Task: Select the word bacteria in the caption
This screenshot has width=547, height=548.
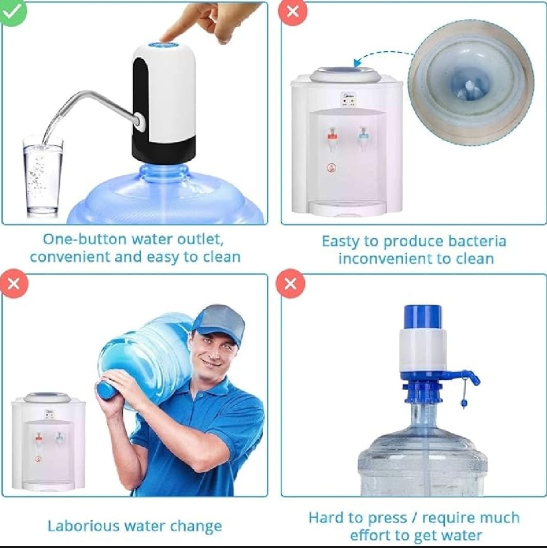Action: pyautogui.click(x=476, y=241)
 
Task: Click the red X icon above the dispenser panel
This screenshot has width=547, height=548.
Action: pyautogui.click(x=293, y=11)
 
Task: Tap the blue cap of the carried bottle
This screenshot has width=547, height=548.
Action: pyautogui.click(x=106, y=389)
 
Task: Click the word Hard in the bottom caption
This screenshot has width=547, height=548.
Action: pyautogui.click(x=325, y=518)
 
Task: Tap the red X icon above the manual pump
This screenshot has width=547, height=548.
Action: pyautogui.click(x=290, y=284)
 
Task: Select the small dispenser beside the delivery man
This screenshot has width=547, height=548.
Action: pyautogui.click(x=48, y=442)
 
